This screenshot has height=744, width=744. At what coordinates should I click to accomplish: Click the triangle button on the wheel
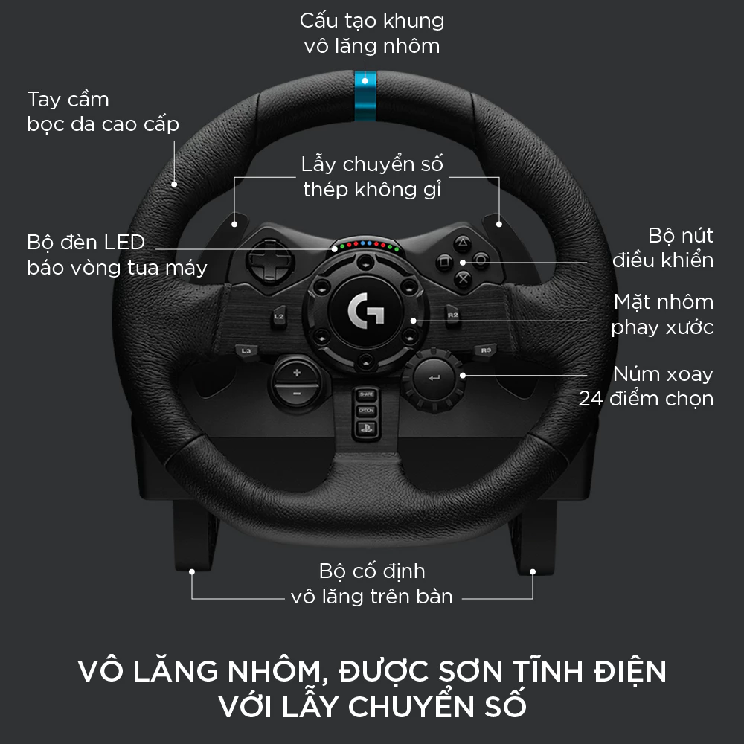462,243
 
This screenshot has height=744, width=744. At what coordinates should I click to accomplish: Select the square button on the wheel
443,261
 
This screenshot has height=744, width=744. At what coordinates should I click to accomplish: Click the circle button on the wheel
481,261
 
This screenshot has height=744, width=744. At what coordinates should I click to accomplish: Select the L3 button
246,350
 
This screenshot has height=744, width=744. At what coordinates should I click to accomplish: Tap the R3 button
486,350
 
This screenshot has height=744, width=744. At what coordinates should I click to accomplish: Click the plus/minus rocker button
296,382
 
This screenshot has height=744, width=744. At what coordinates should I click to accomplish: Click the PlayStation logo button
365,428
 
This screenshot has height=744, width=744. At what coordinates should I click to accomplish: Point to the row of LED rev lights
365,245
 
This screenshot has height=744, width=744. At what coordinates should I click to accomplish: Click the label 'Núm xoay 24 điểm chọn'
646,386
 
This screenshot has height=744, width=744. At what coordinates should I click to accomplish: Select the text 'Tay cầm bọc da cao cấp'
103,112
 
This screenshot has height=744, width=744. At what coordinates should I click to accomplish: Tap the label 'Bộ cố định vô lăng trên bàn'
371,583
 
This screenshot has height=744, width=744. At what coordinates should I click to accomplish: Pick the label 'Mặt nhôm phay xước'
662,314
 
